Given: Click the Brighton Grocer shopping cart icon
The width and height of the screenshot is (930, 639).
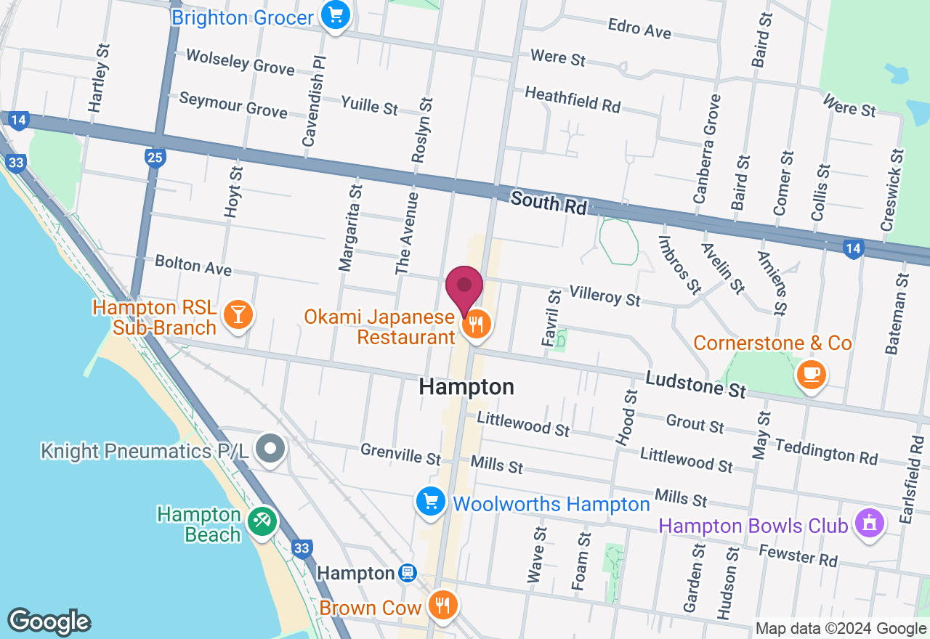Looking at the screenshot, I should coord(335,15).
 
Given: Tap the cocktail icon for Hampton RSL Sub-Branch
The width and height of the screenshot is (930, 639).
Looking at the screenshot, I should coord(238,314).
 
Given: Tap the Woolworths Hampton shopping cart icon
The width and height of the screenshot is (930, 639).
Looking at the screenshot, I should coord(431,501).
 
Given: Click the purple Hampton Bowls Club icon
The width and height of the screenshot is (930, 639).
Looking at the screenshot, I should coord(869,523).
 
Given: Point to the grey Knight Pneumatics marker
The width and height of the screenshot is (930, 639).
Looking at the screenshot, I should coord(271,449).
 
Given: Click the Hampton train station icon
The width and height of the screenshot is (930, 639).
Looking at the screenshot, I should coord(408,574).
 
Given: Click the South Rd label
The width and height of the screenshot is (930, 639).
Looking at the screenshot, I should coord(548,203).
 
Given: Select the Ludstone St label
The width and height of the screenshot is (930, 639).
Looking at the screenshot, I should coord(695,384).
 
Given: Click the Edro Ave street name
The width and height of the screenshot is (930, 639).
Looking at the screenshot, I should coord(639,28).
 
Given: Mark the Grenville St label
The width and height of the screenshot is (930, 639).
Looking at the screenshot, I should coord(400,455).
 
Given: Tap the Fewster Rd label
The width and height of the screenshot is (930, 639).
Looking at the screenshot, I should coord(798,556).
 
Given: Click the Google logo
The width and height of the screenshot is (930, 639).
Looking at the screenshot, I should coord(49,622).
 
